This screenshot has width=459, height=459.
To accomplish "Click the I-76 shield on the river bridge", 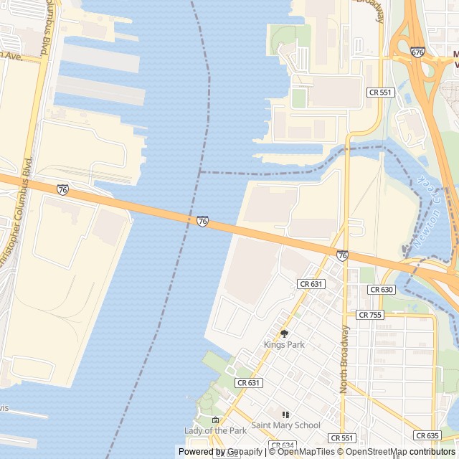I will click(202, 222).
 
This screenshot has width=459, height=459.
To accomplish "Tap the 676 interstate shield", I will click(418, 52).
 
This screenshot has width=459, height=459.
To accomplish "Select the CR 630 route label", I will click(381, 290).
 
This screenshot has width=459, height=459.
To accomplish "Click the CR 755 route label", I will click(370, 315).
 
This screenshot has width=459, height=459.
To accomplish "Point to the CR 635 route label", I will click(427, 435).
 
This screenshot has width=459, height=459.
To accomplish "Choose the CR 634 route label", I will click(283, 445).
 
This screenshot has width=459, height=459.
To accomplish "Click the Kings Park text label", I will click(284, 345).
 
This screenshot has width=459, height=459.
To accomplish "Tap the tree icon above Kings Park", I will click(284, 333).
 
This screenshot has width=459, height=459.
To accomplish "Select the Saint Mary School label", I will click(285, 425).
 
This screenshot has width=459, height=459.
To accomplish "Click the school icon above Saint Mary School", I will click(285, 415).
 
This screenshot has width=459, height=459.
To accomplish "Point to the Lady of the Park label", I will click(215, 430).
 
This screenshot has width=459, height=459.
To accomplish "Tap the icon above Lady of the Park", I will click(215, 420).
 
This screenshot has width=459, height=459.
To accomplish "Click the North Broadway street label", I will click(345, 359).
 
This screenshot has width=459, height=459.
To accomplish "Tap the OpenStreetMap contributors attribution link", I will click(402, 452).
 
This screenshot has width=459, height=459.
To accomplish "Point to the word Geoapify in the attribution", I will click(245, 452).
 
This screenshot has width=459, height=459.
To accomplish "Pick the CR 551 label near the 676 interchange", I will click(380, 93).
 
